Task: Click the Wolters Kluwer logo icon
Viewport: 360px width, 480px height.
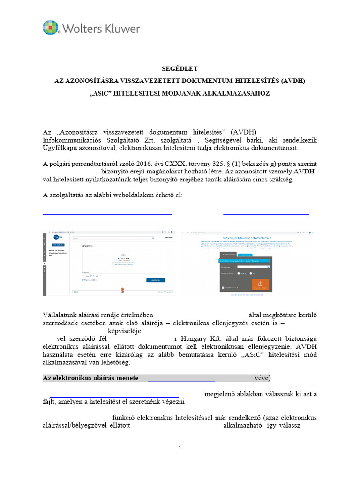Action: click(52, 29)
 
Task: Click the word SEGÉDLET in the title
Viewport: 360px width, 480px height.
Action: click(180, 68)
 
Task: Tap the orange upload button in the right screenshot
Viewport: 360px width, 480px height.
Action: click(260, 285)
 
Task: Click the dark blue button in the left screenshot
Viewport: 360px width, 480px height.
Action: click(155, 280)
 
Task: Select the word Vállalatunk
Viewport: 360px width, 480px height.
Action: click(61, 315)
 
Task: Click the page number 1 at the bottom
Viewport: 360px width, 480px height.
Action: click(180, 449)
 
